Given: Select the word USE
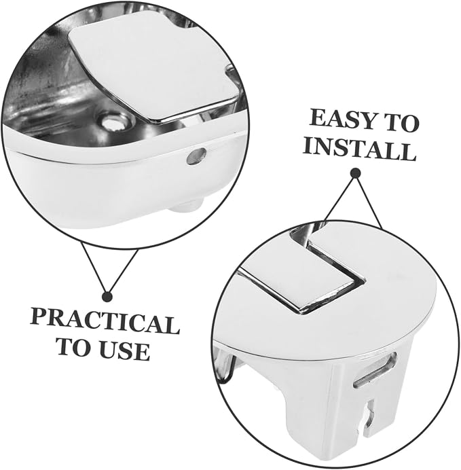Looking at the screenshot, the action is pyautogui.click(x=124, y=350).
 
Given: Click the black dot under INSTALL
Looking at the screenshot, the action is pyautogui.click(x=356, y=173).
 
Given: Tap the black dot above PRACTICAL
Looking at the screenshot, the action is pyautogui.click(x=107, y=297).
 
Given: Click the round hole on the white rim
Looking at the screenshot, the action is pyautogui.click(x=196, y=156).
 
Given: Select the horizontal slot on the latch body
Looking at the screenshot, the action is pyautogui.click(x=375, y=370).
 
